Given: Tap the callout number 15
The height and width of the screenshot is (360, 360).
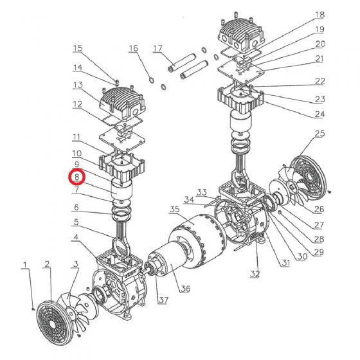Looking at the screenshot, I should (x=78, y=49).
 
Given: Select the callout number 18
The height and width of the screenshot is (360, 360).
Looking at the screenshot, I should (x=319, y=15).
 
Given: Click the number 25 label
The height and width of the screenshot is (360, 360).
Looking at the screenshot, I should (x=319, y=134).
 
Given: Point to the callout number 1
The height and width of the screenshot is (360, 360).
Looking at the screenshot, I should (x=26, y=265).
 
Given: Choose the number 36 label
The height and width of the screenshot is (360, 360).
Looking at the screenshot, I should (x=185, y=289).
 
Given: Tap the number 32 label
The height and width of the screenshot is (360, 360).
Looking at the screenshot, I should (x=255, y=274).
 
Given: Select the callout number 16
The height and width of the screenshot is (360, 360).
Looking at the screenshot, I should (x=133, y=49).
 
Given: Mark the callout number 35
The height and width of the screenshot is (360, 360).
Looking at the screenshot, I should (x=174, y=210).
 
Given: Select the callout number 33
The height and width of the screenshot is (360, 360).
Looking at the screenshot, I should (x=201, y=192).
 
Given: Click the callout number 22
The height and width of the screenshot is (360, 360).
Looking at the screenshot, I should (x=319, y=82).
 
